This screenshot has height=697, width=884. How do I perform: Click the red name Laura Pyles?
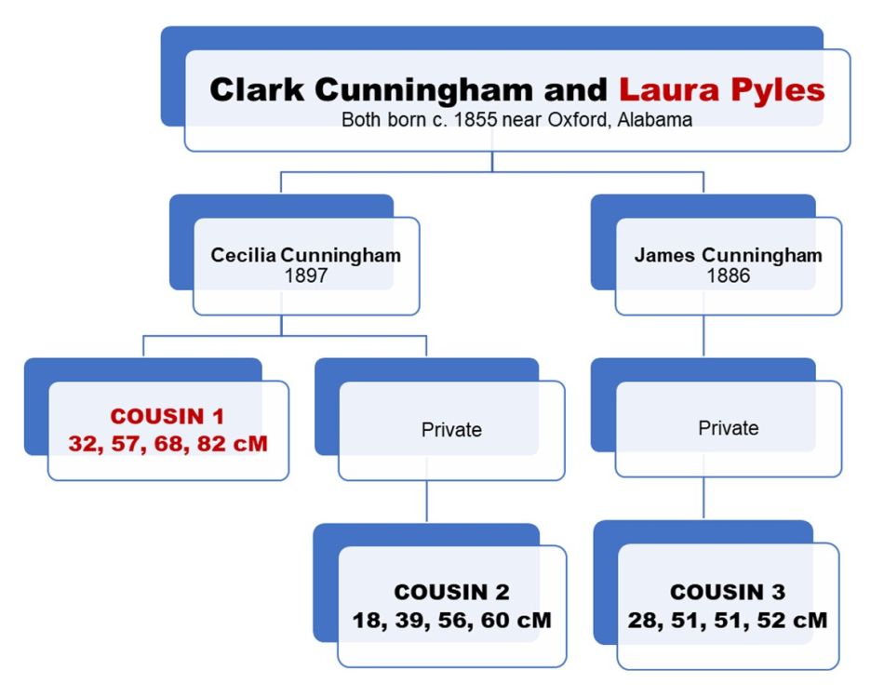tap(722, 90)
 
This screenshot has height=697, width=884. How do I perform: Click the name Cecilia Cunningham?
tap(305, 255)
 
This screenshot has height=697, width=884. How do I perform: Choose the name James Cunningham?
tap(728, 255)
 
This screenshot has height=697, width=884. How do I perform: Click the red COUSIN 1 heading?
tap(167, 417)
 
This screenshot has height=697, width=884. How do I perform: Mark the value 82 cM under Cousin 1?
tap(234, 444)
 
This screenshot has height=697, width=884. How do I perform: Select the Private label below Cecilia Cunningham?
tap(451, 430)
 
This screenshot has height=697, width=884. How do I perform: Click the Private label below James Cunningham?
tap(728, 428)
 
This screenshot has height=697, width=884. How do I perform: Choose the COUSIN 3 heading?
tap(728, 593)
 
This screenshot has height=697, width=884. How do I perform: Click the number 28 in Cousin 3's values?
tap(642, 620)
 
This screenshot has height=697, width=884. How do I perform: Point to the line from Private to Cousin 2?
tap(427, 503)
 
